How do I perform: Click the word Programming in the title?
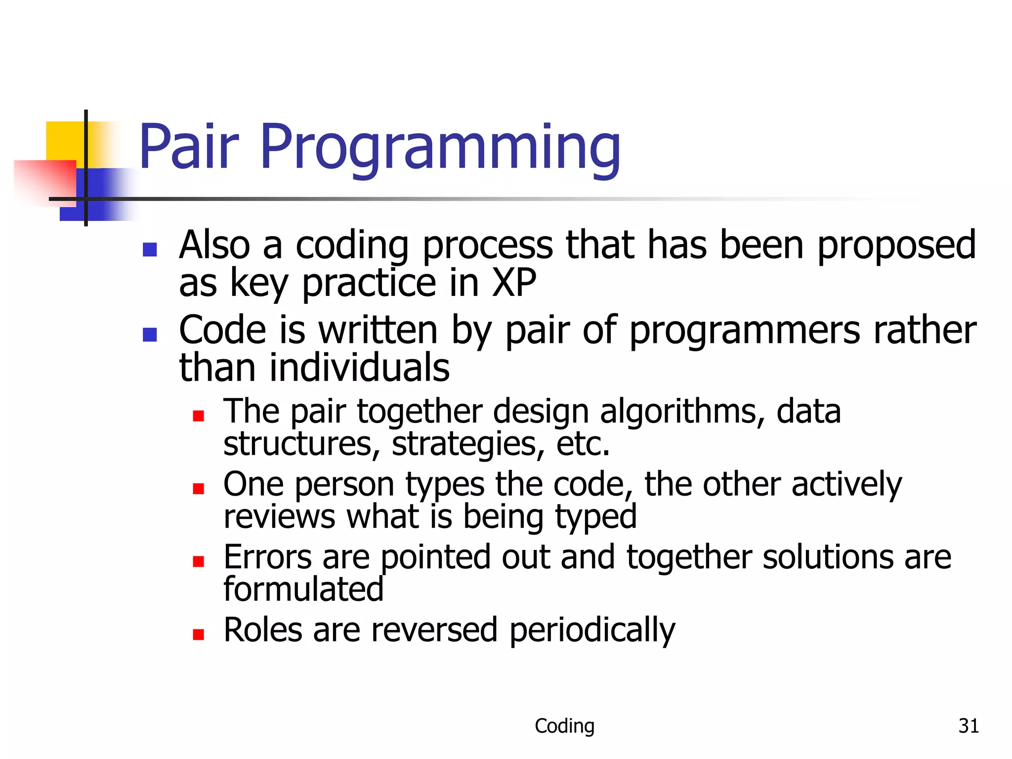tap(440, 148)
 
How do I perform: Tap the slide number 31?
tap(968, 726)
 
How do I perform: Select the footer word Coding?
tap(564, 726)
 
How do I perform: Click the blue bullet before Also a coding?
tap(150, 250)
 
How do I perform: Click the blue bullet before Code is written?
tap(150, 335)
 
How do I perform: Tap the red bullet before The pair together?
tap(199, 416)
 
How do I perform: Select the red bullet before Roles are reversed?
tap(199, 634)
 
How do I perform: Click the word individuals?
tap(359, 368)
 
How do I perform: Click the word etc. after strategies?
tap(583, 444)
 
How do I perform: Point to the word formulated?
tap(303, 589)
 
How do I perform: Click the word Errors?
tap(267, 557)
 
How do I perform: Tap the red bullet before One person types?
tap(199, 489)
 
